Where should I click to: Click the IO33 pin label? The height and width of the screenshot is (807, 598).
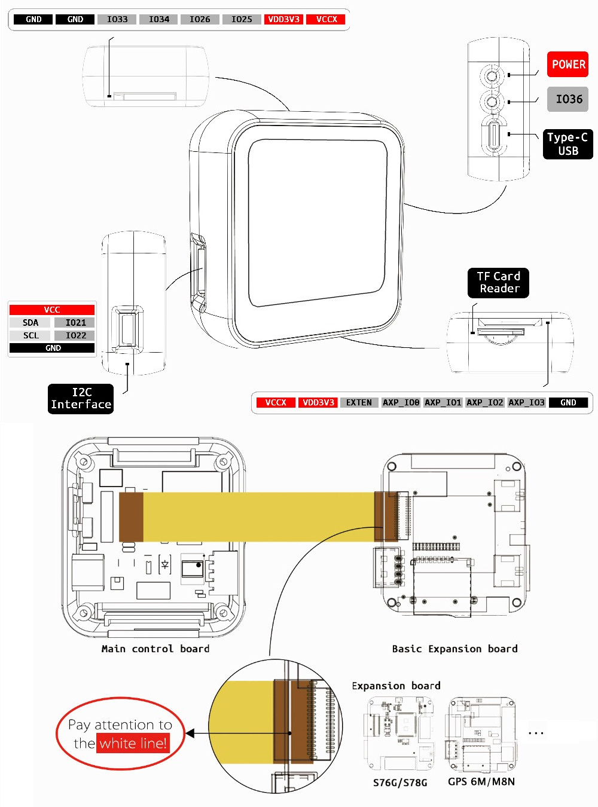117,19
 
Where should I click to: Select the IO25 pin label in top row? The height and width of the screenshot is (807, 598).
242,19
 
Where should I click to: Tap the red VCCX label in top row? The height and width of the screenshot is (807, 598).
327,19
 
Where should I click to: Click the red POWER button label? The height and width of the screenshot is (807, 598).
568,65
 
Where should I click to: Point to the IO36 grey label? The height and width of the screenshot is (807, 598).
568,99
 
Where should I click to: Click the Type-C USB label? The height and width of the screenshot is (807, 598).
568,144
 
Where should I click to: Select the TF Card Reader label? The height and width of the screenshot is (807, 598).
498,283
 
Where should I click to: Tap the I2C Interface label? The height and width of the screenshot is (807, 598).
81,399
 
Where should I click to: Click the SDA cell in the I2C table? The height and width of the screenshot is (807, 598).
30,323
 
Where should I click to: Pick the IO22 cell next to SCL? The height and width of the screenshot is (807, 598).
75,335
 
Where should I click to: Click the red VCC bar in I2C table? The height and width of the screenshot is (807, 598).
52,310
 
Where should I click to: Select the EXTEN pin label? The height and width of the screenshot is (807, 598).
359,402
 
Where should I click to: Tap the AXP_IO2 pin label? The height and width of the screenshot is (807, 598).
485,402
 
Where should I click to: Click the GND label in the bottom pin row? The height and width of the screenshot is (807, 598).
568,402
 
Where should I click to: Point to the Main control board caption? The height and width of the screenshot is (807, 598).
155,649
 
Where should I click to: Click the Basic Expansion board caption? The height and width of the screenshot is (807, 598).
454,649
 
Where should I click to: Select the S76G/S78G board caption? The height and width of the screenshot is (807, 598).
400,782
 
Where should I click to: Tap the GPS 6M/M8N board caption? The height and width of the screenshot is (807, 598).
481,781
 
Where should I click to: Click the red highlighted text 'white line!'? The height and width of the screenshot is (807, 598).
133,744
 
